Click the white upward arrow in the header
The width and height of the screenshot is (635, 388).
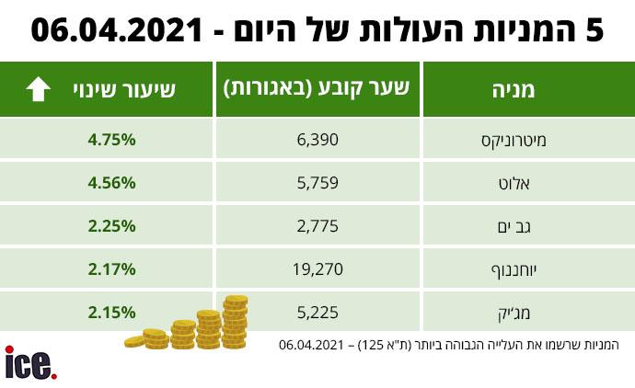pyautogui.click(x=38, y=89)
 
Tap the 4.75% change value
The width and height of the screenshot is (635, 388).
pyautogui.click(x=111, y=140)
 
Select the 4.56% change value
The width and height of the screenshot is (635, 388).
pyautogui.click(x=111, y=183)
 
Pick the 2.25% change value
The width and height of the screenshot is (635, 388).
pyautogui.click(x=111, y=226)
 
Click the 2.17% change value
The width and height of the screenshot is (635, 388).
pyautogui.click(x=111, y=269)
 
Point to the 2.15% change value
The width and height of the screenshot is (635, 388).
pyautogui.click(x=111, y=313)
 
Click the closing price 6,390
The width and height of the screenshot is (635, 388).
pyautogui.click(x=317, y=140)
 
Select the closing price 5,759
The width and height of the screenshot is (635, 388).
pyautogui.click(x=317, y=183)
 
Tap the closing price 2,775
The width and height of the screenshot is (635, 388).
pyautogui.click(x=317, y=226)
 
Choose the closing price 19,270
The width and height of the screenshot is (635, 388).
pyautogui.click(x=317, y=269)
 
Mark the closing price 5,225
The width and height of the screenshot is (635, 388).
pyautogui.click(x=317, y=313)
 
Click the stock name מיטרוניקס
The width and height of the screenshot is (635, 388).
pyautogui.click(x=514, y=141)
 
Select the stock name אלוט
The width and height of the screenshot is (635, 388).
pyautogui.click(x=514, y=184)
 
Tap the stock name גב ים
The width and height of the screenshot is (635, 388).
pyautogui.click(x=514, y=227)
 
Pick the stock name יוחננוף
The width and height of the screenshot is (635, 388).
pyautogui.click(x=514, y=270)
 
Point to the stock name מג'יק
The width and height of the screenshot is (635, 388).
pyautogui.click(x=514, y=314)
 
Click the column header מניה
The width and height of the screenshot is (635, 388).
pyautogui.click(x=514, y=90)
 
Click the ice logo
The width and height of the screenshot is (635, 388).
pyautogui.click(x=30, y=363)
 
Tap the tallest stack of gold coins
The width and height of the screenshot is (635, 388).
pyautogui.click(x=236, y=322)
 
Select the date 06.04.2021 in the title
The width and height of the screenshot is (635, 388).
pyautogui.click(x=117, y=30)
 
